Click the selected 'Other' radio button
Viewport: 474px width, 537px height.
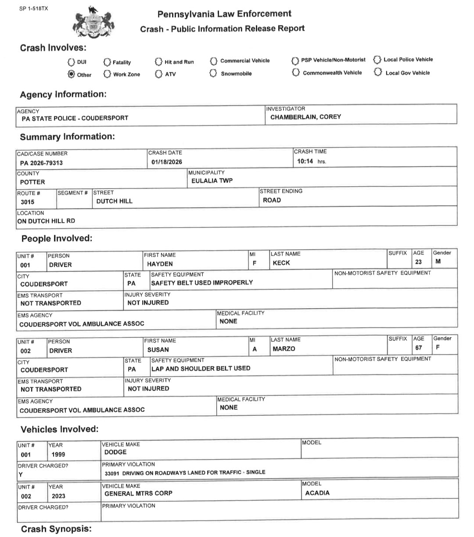tap(72, 74)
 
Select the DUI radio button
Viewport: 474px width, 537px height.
tap(72, 62)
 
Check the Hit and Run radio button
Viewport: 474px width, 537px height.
tap(159, 62)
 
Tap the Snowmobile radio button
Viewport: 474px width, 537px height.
tap(213, 73)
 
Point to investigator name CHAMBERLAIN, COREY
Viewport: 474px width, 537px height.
tap(305, 117)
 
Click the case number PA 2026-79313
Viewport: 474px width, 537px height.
tap(41, 163)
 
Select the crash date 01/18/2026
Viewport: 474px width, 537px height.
tap(167, 162)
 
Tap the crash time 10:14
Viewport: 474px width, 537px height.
tap(305, 161)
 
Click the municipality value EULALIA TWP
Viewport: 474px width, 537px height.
tap(212, 180)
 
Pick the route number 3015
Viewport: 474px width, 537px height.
tap(27, 202)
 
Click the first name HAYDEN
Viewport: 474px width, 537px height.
tap(160, 264)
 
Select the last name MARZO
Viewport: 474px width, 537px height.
tap(284, 349)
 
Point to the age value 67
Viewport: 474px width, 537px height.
tap(419, 347)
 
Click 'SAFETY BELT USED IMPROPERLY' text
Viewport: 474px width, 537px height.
tap(202, 282)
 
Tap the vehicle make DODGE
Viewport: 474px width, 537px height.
tap(115, 452)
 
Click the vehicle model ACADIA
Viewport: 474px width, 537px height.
tap(317, 493)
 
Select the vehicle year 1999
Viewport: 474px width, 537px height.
tap(58, 454)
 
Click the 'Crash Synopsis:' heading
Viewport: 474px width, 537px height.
tap(56, 529)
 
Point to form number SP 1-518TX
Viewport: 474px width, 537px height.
tap(34, 8)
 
